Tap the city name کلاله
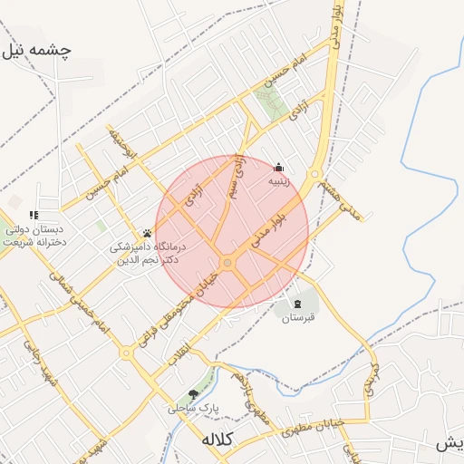point(217,440)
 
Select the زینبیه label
point(278,181)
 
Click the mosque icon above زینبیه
point(278,167)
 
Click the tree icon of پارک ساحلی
point(192,394)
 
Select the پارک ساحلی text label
point(193,409)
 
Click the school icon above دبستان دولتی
point(34,216)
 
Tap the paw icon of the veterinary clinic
point(147,233)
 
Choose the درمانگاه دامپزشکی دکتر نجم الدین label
point(147,253)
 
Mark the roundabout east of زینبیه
point(316,174)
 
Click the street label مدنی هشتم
point(338,198)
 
